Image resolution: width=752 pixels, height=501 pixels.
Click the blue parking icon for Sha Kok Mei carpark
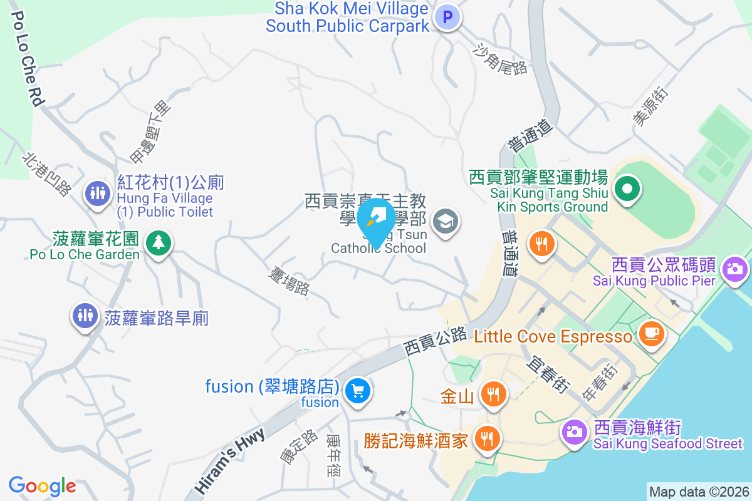pyautogui.click(x=448, y=18)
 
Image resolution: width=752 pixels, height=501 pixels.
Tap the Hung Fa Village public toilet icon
pyautogui.click(x=97, y=193)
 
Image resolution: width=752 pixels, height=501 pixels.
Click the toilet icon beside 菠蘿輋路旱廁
pyautogui.click(x=84, y=315)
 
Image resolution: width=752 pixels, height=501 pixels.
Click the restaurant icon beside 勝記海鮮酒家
pyautogui.click(x=486, y=438)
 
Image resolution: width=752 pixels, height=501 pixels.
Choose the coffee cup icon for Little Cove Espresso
pyautogui.click(x=651, y=333)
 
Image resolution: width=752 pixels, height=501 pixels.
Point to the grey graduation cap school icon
pyautogui.click(x=446, y=221)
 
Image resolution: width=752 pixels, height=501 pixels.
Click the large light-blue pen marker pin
pyautogui.click(x=375, y=220)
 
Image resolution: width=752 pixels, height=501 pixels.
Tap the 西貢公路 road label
pyautogui.click(x=435, y=339)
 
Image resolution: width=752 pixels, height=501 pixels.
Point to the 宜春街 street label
pyautogui.click(x=549, y=375)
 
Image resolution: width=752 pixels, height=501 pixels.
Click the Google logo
pyautogui.click(x=43, y=486)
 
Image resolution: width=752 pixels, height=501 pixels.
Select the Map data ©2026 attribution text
pyautogui.click(x=698, y=492)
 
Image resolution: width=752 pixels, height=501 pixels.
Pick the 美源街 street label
pyautogui.click(x=652, y=106)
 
